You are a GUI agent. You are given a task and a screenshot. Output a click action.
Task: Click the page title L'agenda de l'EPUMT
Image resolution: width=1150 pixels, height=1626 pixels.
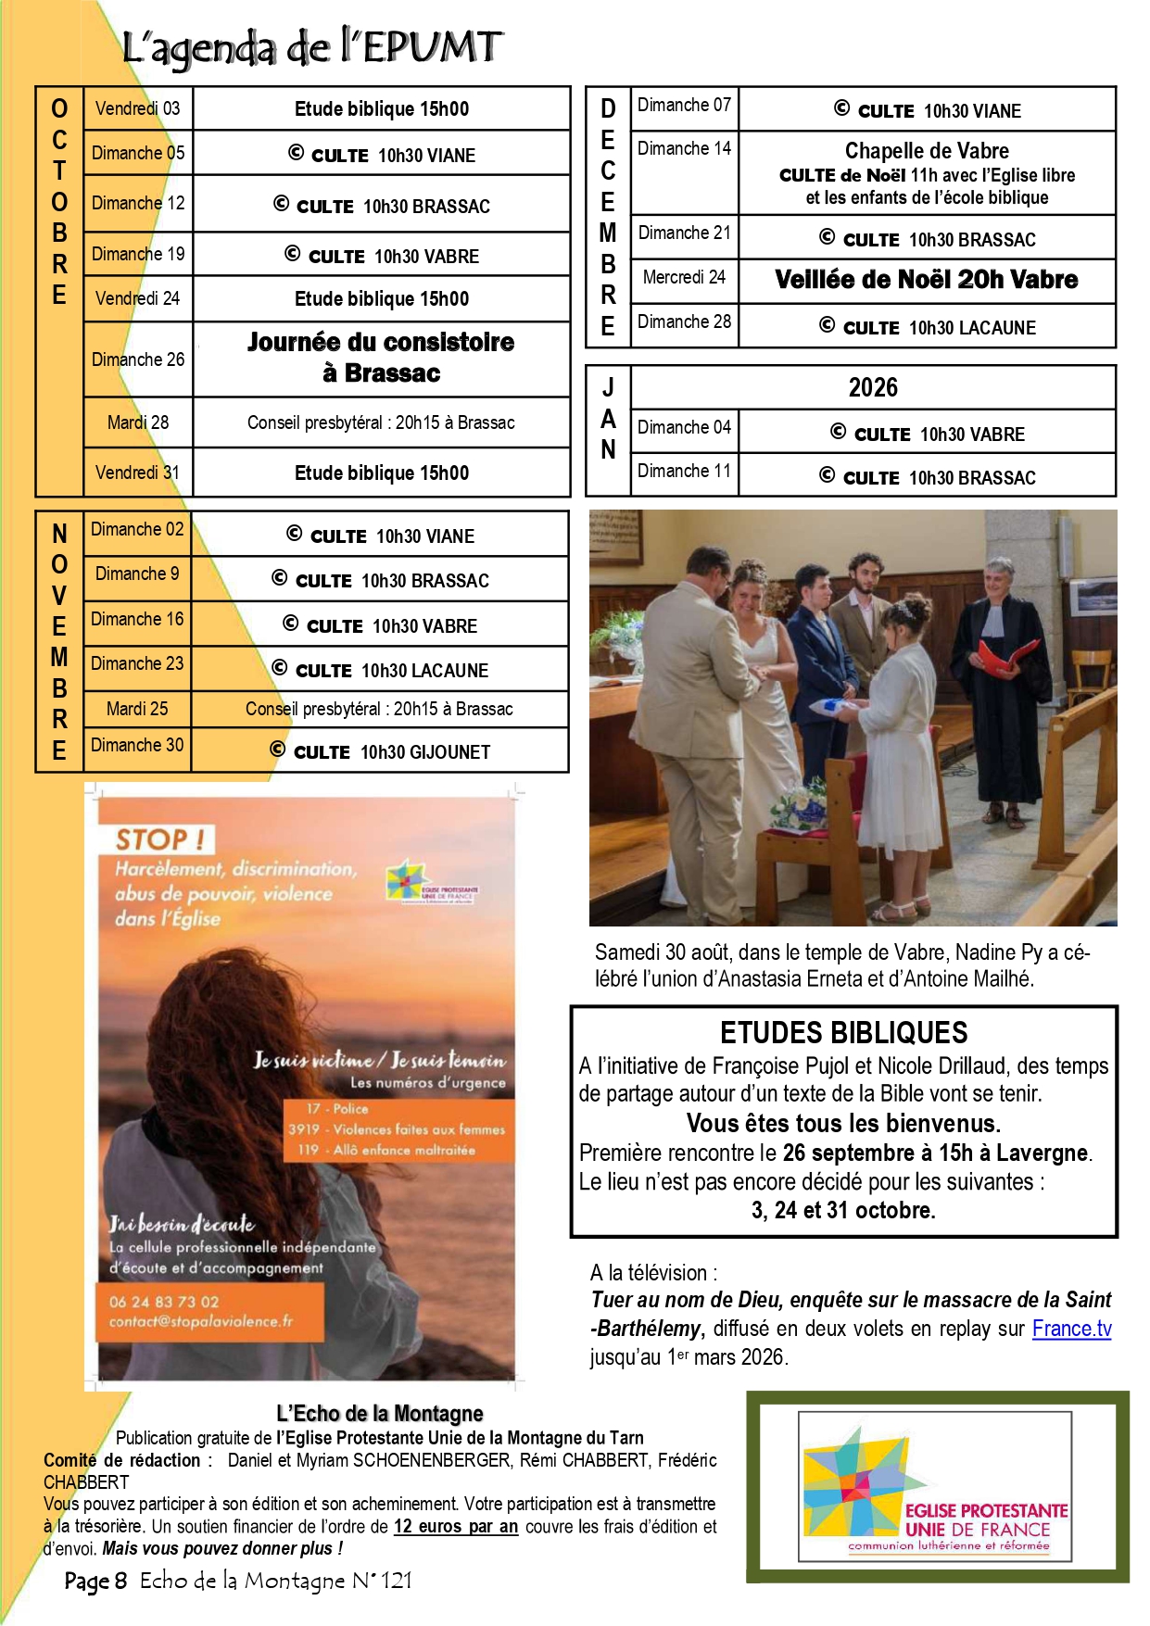[312, 47]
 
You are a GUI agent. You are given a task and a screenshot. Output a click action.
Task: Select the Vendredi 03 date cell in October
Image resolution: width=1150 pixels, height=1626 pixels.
[137, 108]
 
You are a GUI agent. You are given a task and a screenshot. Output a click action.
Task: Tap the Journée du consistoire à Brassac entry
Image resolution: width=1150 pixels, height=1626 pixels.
[381, 358]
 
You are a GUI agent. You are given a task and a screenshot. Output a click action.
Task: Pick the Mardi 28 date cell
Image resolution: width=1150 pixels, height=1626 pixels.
[137, 422]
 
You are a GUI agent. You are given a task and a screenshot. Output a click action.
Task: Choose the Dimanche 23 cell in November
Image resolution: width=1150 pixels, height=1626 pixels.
[137, 663]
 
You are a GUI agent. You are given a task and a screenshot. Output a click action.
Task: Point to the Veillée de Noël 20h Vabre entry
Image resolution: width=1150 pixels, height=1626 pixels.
[926, 280]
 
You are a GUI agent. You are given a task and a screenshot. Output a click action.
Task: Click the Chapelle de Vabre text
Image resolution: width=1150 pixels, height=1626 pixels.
[926, 151]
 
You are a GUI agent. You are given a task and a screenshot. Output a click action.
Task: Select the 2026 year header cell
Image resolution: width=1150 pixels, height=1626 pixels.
[873, 387]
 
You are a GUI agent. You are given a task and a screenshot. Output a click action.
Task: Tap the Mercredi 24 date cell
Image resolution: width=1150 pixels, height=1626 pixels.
[684, 277]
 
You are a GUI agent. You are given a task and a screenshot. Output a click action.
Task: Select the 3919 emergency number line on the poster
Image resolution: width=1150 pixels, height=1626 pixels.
[397, 1129]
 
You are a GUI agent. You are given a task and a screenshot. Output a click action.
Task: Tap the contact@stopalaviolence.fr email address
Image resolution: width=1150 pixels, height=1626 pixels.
[200, 1321]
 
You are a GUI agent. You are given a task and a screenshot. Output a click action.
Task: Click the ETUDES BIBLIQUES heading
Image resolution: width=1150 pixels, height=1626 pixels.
[843, 1032]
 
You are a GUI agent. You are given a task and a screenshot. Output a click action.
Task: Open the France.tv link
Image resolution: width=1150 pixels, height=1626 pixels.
[1071, 1329]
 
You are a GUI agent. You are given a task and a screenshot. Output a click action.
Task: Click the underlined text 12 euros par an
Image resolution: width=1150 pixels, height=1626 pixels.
[455, 1526]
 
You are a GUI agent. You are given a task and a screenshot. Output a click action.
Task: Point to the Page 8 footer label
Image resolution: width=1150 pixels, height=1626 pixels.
[95, 1581]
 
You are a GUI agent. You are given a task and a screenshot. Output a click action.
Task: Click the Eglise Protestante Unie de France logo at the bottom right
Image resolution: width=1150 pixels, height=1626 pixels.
[936, 1484]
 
